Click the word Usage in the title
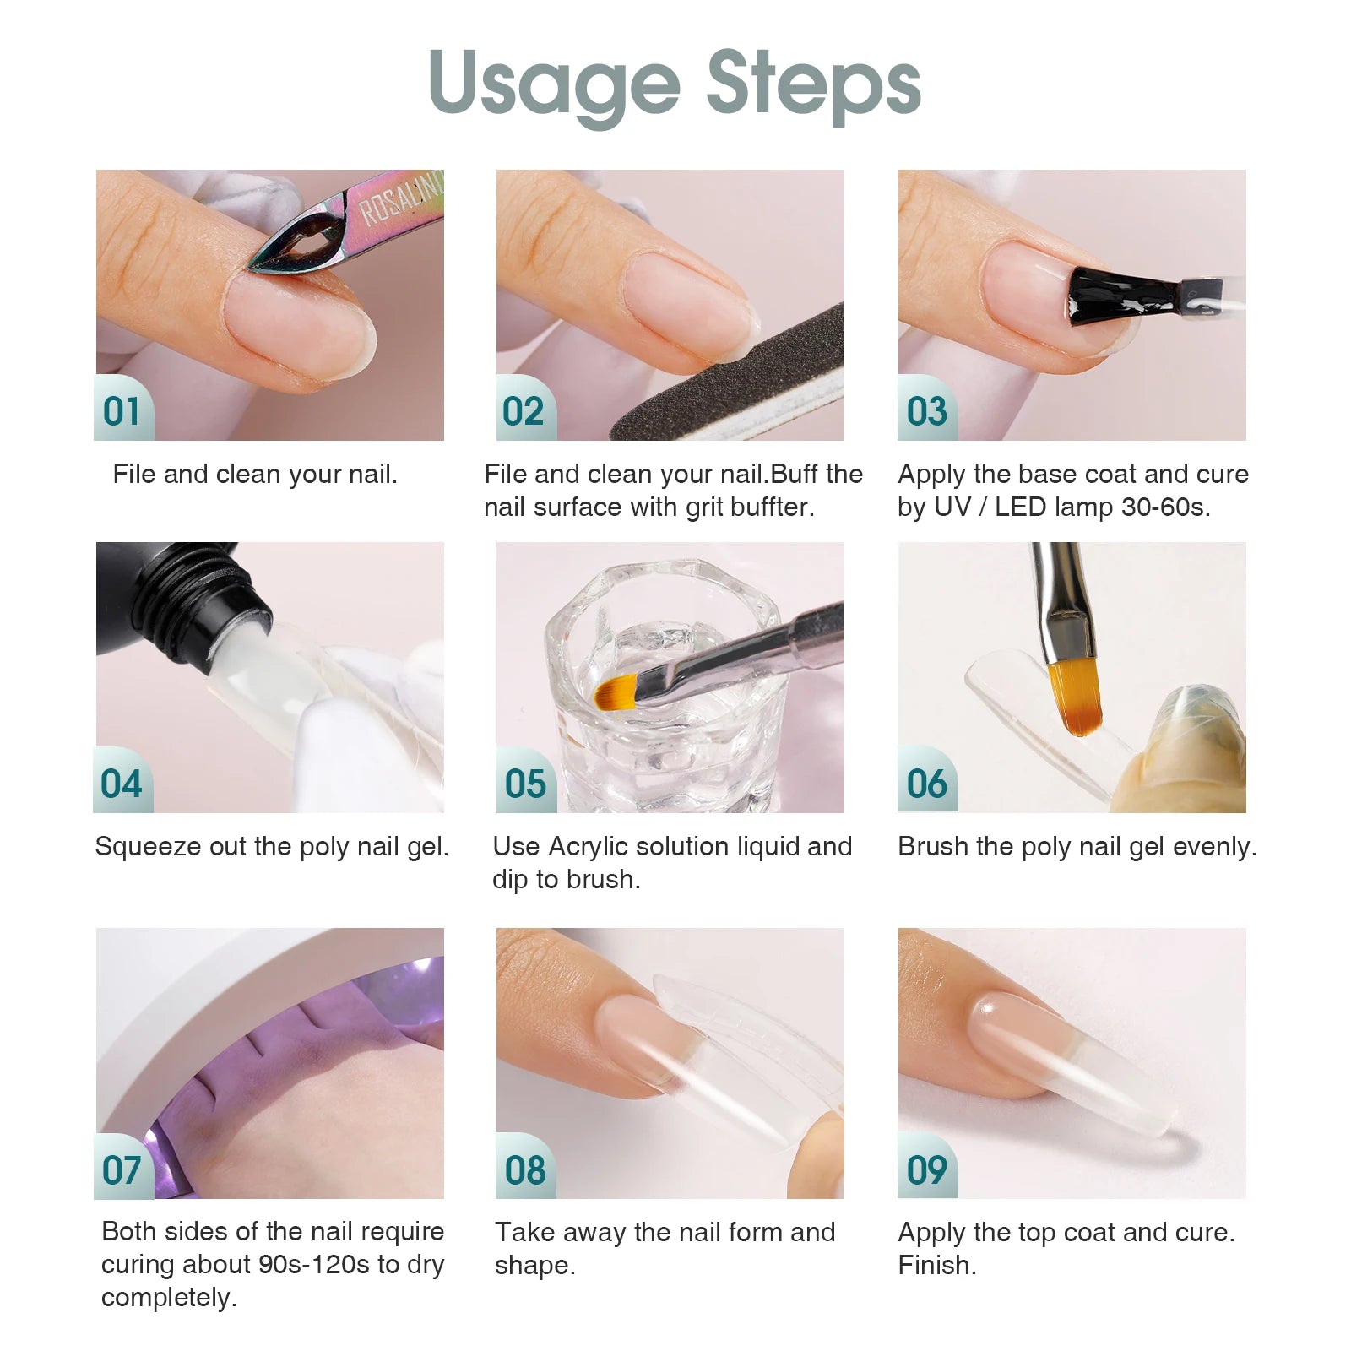pos(554,84)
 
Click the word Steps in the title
pos(813,84)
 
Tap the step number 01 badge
pos(122,411)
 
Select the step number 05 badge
pos(525,784)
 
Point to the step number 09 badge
pos(927,1169)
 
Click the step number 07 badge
pos(122,1169)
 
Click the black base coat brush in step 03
pos(1115,298)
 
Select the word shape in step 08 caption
pos(534,1266)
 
